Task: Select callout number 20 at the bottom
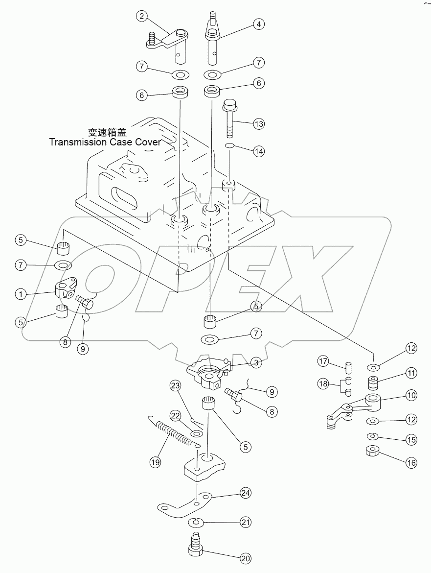pos(246,557)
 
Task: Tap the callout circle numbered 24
pos(246,491)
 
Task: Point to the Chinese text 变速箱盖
pos(106,132)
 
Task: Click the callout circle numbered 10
pos(410,394)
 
